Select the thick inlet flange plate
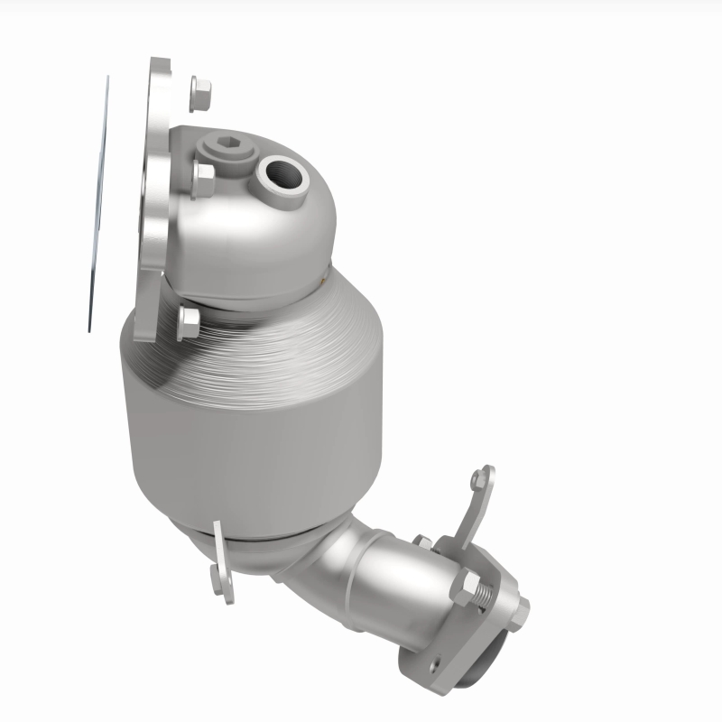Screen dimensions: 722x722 click(152, 199)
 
